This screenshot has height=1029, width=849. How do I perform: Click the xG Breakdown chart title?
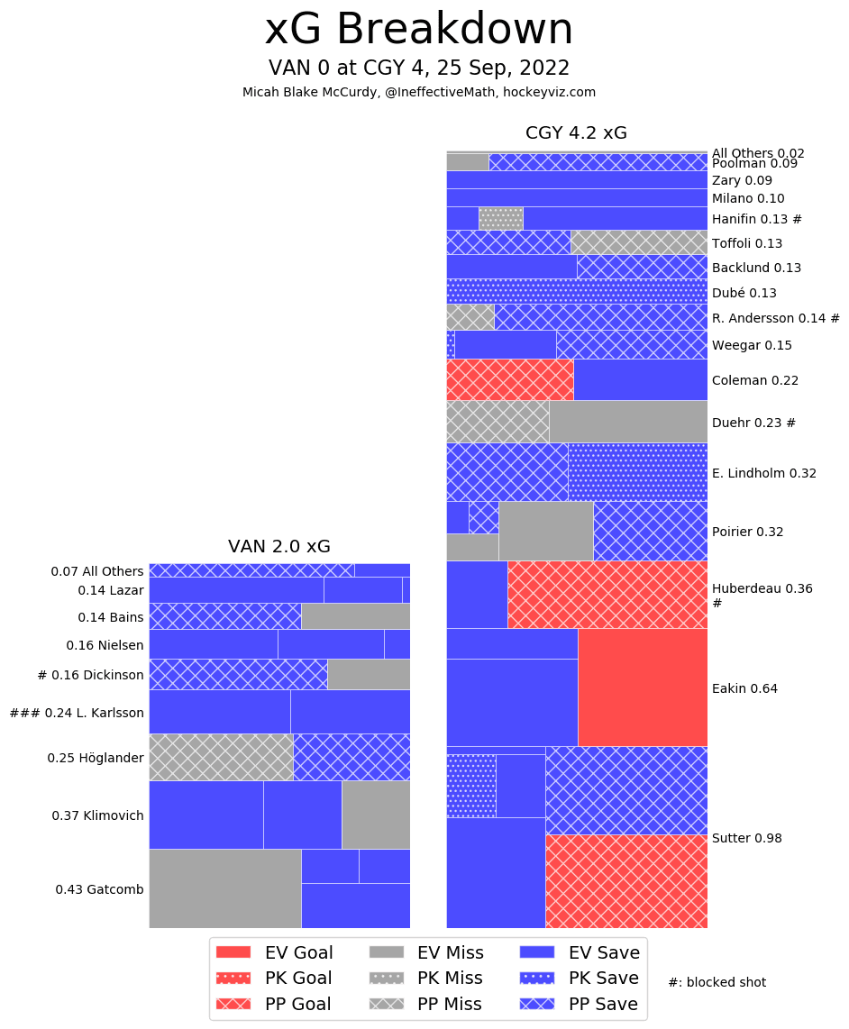(x=418, y=31)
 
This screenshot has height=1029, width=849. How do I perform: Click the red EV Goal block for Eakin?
(x=642, y=688)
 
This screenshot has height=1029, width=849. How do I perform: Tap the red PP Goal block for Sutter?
(x=625, y=880)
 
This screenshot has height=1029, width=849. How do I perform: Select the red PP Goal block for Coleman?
(x=510, y=379)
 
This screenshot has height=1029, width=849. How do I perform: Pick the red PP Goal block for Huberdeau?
(x=607, y=595)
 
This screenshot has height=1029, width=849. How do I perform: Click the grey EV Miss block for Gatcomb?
(x=224, y=888)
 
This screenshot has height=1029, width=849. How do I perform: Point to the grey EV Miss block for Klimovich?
(x=376, y=815)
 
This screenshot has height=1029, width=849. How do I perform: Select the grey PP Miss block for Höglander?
(x=221, y=757)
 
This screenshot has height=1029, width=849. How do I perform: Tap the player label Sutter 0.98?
(x=746, y=838)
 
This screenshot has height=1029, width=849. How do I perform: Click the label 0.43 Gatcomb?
(x=99, y=889)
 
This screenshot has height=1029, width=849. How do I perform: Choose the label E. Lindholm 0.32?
(x=763, y=473)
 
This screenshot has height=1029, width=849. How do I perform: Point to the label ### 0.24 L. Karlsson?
(x=77, y=713)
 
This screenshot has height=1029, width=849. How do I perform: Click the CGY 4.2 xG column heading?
(x=576, y=133)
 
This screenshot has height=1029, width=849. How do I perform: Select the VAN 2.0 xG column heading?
(x=278, y=546)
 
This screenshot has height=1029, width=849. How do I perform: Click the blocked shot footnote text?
(x=717, y=982)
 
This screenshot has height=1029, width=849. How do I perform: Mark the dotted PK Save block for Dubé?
(x=577, y=291)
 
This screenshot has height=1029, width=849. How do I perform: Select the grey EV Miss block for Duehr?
(x=627, y=421)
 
